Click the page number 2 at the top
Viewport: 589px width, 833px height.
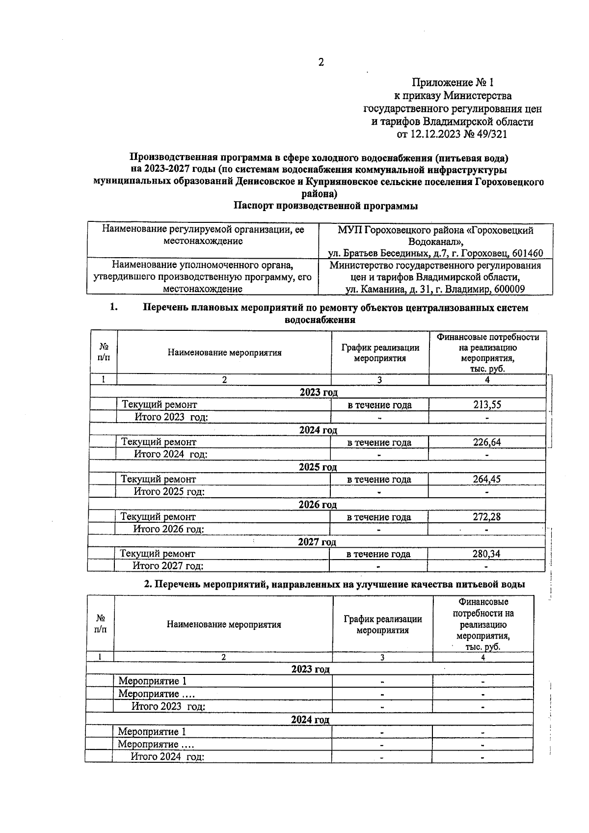(x=321, y=62)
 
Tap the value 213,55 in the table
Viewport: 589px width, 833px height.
(x=487, y=405)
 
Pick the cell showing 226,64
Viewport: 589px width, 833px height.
(x=487, y=442)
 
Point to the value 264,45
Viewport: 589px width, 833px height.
(x=486, y=479)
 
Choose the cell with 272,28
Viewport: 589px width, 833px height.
(x=486, y=516)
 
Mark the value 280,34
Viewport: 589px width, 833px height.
(x=486, y=554)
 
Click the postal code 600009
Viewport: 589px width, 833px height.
(x=509, y=289)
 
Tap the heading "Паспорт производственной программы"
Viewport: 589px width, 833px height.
(x=325, y=206)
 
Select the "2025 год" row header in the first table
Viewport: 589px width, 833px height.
(x=318, y=467)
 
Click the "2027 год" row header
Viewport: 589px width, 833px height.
(x=317, y=542)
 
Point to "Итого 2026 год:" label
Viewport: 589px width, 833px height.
(x=168, y=529)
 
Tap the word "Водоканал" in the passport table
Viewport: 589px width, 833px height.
(x=434, y=242)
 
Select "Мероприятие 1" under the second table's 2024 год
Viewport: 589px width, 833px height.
(x=152, y=731)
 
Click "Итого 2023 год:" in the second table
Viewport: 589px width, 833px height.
(x=168, y=706)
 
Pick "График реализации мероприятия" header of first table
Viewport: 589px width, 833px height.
(x=380, y=352)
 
